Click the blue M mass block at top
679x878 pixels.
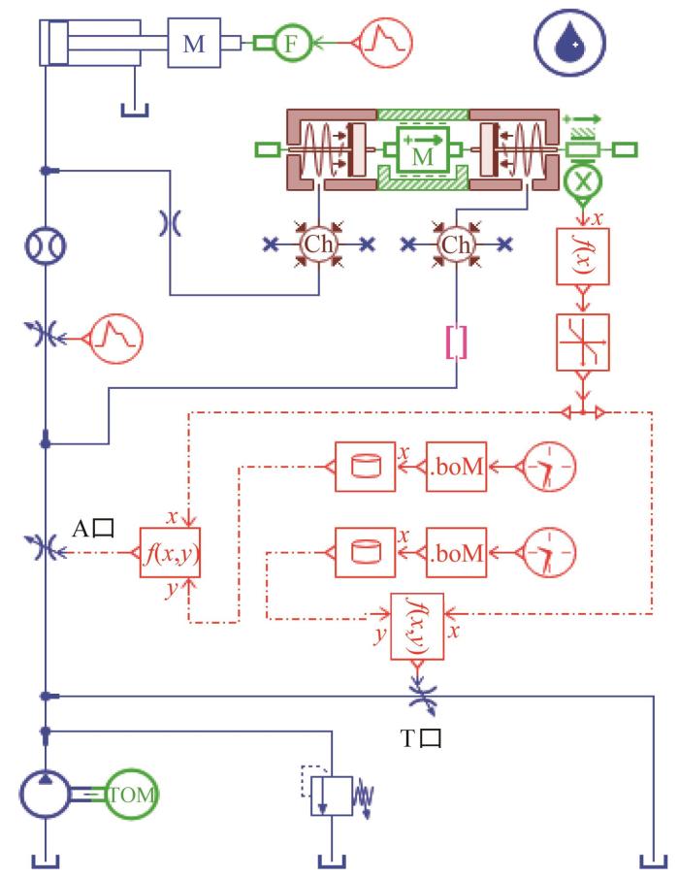[x=194, y=43]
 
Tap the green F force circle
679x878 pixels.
[x=291, y=43]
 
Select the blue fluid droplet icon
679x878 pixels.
[x=569, y=42]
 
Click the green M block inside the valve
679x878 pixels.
[x=423, y=149]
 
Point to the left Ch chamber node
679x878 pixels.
[x=318, y=244]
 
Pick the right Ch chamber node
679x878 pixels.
[x=456, y=244]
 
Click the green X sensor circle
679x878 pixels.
[x=583, y=181]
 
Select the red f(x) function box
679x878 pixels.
[x=583, y=256]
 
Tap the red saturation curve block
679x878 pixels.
[x=583, y=342]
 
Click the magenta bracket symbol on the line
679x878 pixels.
[x=456, y=342]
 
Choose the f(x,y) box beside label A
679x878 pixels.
[x=170, y=552]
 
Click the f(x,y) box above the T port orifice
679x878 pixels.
[x=417, y=627]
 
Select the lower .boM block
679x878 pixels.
[x=456, y=552]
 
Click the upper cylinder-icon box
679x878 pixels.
[x=365, y=467]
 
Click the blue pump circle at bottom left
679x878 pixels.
[x=46, y=795]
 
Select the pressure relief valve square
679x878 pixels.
[x=332, y=796]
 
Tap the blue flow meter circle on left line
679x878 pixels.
[x=46, y=245]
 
